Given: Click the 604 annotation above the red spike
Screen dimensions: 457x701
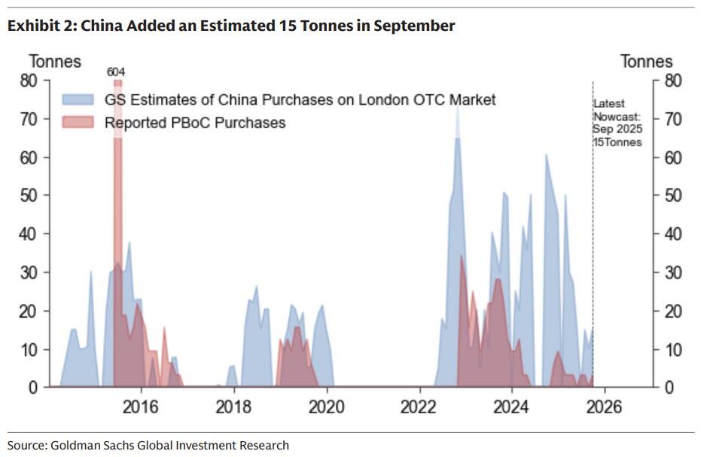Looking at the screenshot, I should pyautogui.click(x=116, y=72).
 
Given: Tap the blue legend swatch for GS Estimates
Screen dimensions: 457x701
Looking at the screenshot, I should pyautogui.click(x=78, y=100).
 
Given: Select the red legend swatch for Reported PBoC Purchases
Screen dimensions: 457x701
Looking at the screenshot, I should pyautogui.click(x=78, y=122).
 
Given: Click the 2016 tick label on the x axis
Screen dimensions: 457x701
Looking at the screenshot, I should pyautogui.click(x=141, y=407).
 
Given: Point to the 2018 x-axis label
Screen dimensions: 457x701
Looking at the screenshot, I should pyautogui.click(x=233, y=407).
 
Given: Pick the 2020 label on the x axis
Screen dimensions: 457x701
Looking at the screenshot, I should pyautogui.click(x=326, y=407).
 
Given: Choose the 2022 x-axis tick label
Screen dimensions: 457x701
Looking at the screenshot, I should pyautogui.click(x=419, y=407).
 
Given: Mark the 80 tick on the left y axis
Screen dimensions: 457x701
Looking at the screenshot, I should pyautogui.click(x=30, y=81).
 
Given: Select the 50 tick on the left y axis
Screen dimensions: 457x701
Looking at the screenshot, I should pyautogui.click(x=30, y=196).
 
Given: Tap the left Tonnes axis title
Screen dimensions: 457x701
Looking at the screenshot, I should pyautogui.click(x=55, y=61).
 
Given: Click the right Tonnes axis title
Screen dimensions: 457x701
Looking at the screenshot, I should pyautogui.click(x=646, y=61).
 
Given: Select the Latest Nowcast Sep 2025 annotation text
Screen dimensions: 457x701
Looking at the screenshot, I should pyautogui.click(x=617, y=123).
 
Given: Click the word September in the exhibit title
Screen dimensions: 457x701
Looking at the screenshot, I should pyautogui.click(x=413, y=26).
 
